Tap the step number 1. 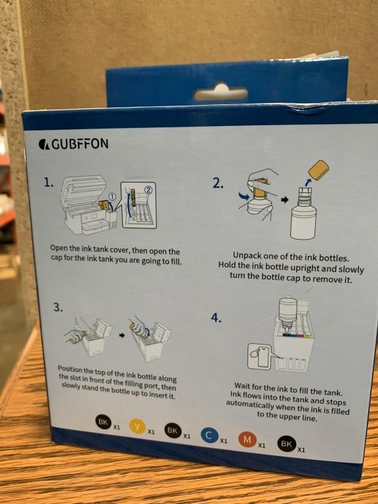pyautogui.click(x=49, y=182)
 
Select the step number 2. pyautogui.click(x=218, y=183)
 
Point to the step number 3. pyautogui.click(x=58, y=307)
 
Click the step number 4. pyautogui.click(x=216, y=318)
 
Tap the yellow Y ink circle pyautogui.click(x=138, y=427)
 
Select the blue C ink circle pyautogui.click(x=209, y=436)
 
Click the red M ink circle pyautogui.click(x=247, y=440)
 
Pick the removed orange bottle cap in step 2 pyautogui.click(x=318, y=170)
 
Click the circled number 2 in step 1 pyautogui.click(x=148, y=190)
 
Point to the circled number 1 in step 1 pyautogui.click(x=112, y=197)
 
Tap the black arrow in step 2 pyautogui.click(x=284, y=199)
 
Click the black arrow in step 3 pyautogui.click(x=122, y=335)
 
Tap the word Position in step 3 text pyautogui.click(x=70, y=369)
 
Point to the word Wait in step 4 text pyautogui.click(x=242, y=386)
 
